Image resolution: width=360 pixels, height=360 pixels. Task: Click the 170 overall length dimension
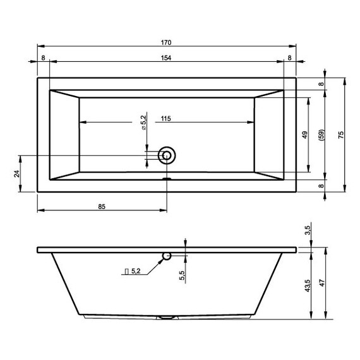tap(166, 43)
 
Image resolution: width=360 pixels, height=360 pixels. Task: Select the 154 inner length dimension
tap(166, 58)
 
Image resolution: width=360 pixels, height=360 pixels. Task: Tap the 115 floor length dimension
tap(166, 119)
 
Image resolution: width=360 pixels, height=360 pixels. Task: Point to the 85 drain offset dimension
tap(102, 207)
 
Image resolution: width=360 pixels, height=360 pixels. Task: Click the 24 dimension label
tap(17, 174)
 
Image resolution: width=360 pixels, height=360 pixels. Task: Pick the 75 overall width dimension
tap(341, 135)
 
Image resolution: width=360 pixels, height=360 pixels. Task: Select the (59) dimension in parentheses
tap(321, 135)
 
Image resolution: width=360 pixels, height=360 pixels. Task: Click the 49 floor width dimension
tap(304, 135)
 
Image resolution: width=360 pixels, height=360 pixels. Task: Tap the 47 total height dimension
tap(322, 283)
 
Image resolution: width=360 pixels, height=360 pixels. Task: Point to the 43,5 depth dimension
tap(308, 285)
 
